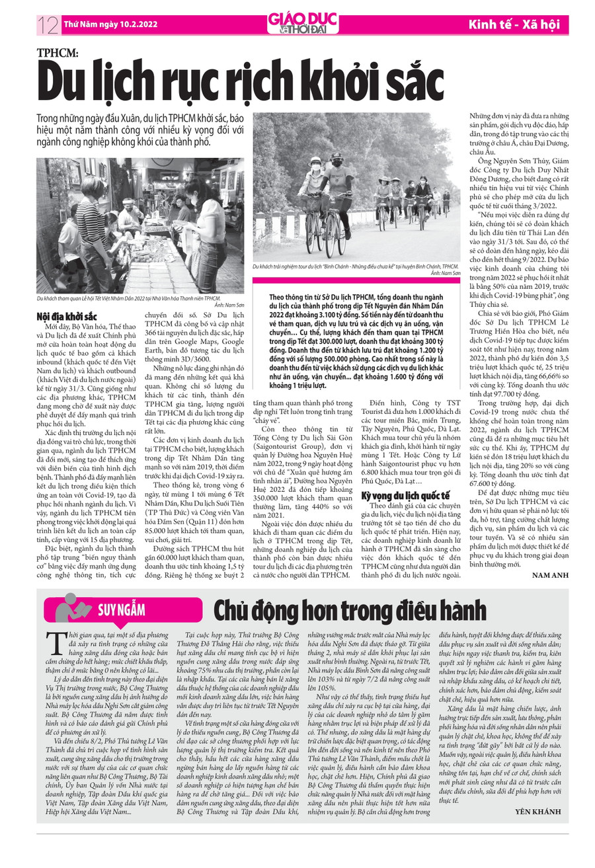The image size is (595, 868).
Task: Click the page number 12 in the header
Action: [48, 25]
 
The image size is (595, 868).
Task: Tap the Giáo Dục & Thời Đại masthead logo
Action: [298, 24]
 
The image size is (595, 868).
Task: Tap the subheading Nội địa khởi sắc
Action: [67, 317]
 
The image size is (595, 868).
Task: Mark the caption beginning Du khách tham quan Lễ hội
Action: [128, 299]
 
